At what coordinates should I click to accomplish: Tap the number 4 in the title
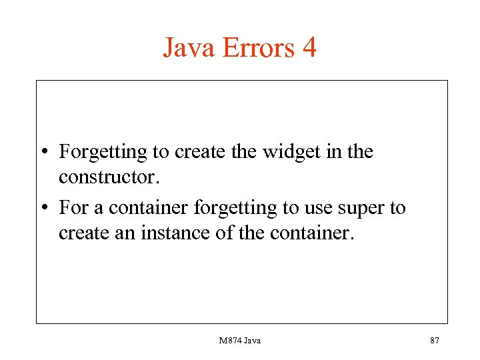point(308,48)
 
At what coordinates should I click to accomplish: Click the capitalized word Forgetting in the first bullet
point(103,153)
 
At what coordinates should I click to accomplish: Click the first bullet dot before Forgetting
point(43,153)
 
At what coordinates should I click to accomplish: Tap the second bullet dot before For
point(43,208)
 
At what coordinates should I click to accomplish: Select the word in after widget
point(328,151)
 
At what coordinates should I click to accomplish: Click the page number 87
point(435,341)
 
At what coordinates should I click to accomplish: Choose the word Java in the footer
point(253,341)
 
